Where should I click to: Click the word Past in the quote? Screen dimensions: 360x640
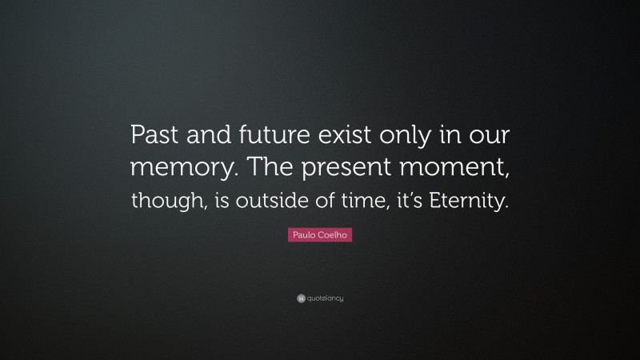tap(156, 137)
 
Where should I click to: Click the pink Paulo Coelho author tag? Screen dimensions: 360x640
tap(320, 235)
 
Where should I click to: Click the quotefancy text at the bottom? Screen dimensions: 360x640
tap(325, 298)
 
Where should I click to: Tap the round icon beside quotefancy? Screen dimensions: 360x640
tap(300, 298)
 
